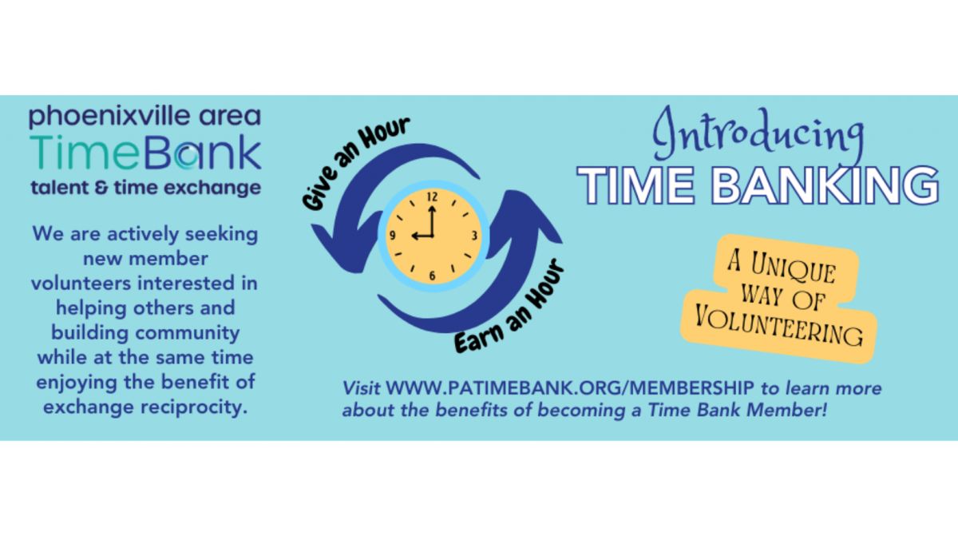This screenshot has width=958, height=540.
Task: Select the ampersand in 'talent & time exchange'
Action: tap(102, 188)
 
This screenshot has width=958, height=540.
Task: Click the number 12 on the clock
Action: tap(432, 197)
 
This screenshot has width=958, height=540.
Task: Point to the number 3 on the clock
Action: tap(474, 236)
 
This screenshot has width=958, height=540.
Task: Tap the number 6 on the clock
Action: tap(432, 276)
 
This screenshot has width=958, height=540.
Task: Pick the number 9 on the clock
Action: tap(392, 236)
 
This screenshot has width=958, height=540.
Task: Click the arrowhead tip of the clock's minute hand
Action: tap(432, 207)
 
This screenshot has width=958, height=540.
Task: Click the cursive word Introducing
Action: tap(758, 133)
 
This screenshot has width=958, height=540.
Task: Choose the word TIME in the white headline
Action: tap(635, 185)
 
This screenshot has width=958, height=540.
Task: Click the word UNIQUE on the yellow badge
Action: tap(793, 268)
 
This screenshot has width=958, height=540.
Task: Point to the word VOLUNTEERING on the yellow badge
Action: tap(778, 328)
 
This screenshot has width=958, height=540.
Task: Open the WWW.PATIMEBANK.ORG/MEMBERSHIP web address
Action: tap(570, 388)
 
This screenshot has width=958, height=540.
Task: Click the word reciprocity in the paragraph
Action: tap(195, 407)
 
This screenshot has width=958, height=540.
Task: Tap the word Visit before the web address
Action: tap(361, 388)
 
